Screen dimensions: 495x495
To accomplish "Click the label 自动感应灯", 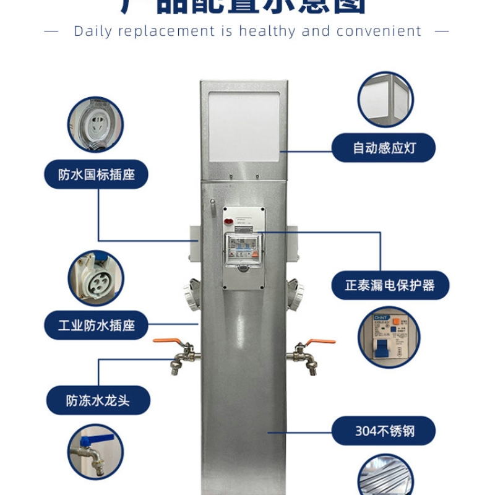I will [384, 148].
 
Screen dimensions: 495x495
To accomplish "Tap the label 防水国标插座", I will [97, 175].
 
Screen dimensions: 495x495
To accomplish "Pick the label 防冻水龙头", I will [98, 400].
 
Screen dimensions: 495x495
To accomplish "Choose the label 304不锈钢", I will [384, 431].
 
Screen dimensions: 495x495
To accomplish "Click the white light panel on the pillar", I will [244, 127].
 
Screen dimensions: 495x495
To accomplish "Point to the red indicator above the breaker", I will [228, 220].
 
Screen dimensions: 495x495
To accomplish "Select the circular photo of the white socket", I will [96, 124].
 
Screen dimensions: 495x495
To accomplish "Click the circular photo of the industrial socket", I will [96, 278].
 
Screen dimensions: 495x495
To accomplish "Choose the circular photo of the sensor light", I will [385, 100].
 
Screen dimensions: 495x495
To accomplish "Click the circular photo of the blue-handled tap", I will [96, 452].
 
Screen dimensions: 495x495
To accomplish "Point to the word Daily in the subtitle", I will [92, 31].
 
